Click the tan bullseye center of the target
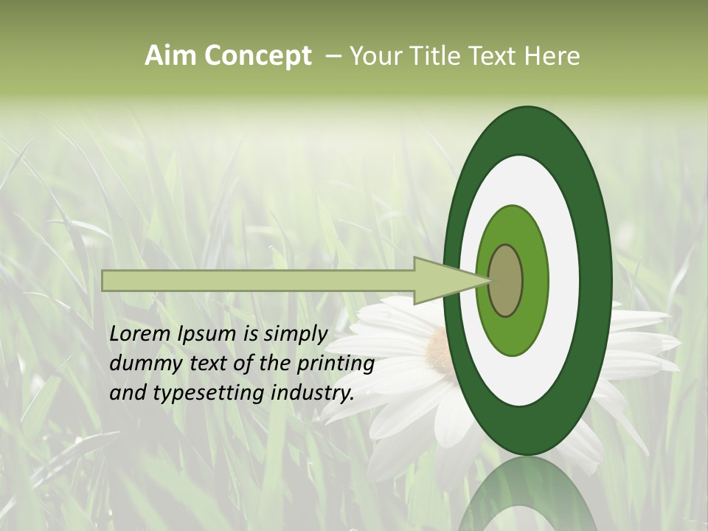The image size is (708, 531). tap(506, 281)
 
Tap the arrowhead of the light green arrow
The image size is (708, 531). tap(442, 281)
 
